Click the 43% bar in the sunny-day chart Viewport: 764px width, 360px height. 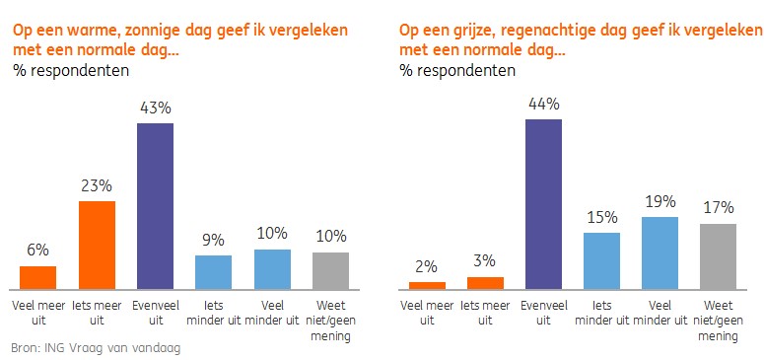(155, 206)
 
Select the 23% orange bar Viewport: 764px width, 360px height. (97, 246)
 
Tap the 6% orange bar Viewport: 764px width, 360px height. (38, 278)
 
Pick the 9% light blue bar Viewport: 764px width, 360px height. (213, 272)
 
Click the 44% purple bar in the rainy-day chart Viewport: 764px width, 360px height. (544, 204)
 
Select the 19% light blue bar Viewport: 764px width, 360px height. (660, 253)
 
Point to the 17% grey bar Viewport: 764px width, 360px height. (719, 257)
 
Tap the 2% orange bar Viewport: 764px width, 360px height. (427, 286)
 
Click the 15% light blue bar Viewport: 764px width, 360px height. (601, 261)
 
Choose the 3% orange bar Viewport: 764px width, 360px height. (485, 283)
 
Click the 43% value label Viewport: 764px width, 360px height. (155, 108)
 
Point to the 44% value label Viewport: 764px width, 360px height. (544, 104)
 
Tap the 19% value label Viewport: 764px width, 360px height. (660, 202)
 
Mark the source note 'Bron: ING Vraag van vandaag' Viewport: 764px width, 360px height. (96, 348)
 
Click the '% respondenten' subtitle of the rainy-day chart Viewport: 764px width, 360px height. (457, 71)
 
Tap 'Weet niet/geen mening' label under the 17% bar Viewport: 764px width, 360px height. (719, 321)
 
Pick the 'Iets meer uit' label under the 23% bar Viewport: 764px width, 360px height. (97, 314)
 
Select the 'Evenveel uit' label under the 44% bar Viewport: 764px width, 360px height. (544, 314)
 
